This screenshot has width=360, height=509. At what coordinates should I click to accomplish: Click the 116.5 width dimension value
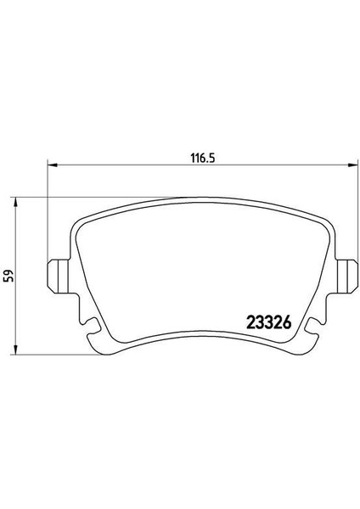tap(203, 159)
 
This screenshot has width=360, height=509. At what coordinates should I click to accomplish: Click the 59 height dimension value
tap(10, 276)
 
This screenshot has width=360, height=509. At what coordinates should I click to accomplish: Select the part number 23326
tap(269, 322)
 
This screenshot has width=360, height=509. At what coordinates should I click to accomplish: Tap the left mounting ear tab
tap(59, 276)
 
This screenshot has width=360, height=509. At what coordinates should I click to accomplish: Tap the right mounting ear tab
tap(345, 276)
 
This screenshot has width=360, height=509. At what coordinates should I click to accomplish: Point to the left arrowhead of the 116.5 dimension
tap(53, 165)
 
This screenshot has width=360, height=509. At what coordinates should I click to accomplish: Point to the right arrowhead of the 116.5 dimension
tap(350, 165)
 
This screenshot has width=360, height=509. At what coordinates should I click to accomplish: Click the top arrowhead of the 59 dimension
tap(15, 202)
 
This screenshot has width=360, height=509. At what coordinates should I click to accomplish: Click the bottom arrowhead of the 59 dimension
tap(15, 350)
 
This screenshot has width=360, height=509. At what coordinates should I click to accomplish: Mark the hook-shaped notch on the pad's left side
tap(93, 325)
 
